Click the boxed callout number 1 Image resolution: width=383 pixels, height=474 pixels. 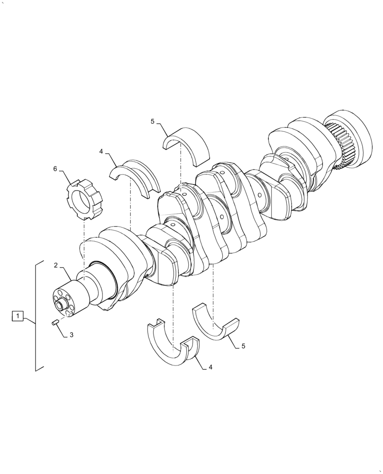tap(17, 315)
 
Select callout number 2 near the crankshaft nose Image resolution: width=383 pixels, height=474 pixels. tap(55, 265)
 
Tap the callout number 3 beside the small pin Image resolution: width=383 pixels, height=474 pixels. tap(72, 335)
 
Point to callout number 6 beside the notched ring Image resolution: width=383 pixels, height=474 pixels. tap(55, 169)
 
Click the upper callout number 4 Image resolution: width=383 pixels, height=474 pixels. tap(101, 152)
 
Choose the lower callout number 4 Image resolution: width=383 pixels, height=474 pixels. tap(210, 368)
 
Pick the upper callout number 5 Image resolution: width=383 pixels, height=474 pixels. tap(153, 122)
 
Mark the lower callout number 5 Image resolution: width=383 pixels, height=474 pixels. tap(243, 346)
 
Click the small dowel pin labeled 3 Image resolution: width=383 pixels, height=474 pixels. tap(55, 323)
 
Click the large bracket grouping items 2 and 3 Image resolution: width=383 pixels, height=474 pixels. tap(36, 315)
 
